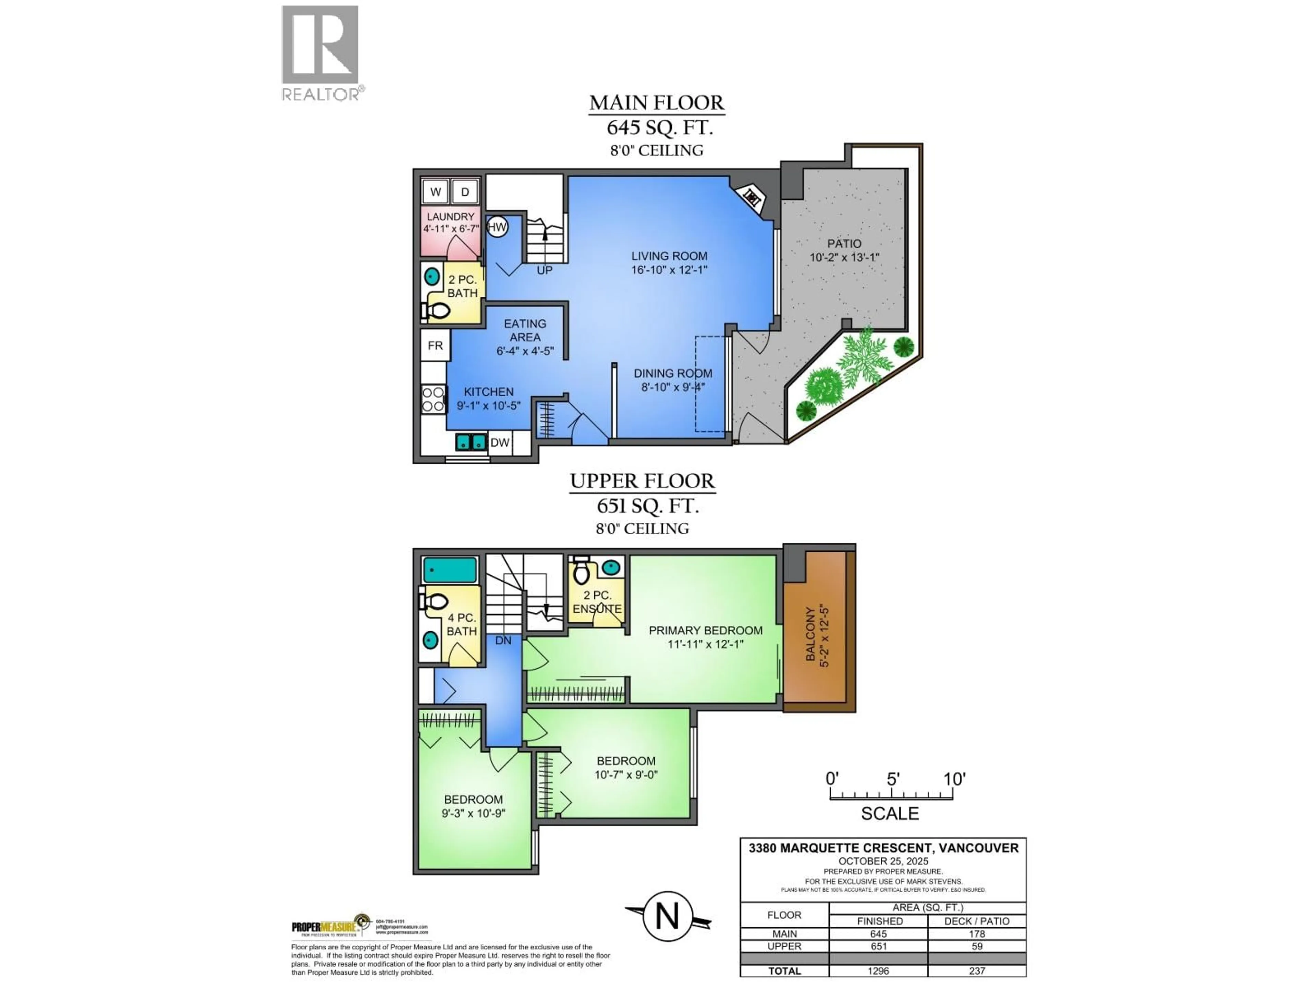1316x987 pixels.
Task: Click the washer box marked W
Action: (436, 192)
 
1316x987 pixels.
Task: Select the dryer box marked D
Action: (465, 192)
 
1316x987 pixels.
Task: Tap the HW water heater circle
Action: (497, 227)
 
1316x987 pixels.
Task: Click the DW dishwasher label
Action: (500, 443)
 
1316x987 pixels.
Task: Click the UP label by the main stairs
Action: (544, 270)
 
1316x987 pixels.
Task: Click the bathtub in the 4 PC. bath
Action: (450, 570)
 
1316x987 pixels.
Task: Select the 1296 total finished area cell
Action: (878, 971)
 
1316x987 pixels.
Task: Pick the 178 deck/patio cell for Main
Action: (977, 934)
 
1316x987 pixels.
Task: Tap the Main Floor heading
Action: (657, 103)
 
